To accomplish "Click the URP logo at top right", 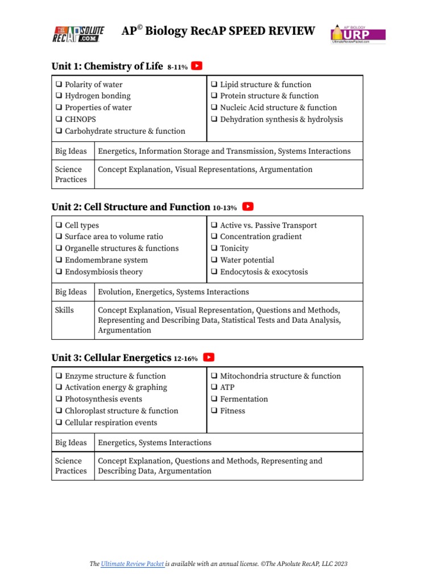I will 358,34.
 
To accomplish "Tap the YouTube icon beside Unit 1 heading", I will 196,66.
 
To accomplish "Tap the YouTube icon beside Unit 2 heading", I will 248,207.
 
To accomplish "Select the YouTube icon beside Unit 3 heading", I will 209,358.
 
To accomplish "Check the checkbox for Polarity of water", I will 59,84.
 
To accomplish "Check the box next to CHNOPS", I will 59,120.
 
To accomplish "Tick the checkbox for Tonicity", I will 214,249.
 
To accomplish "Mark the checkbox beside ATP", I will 214,388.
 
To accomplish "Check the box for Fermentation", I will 214,399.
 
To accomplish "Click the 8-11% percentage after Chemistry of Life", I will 178,67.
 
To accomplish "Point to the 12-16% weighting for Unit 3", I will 186,359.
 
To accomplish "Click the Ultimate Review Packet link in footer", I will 133,564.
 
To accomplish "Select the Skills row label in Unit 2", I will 64,310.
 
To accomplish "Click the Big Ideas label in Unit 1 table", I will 71,151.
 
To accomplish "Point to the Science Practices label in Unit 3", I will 71,466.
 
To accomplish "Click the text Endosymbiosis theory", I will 104,272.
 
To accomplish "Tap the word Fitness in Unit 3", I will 233,411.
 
